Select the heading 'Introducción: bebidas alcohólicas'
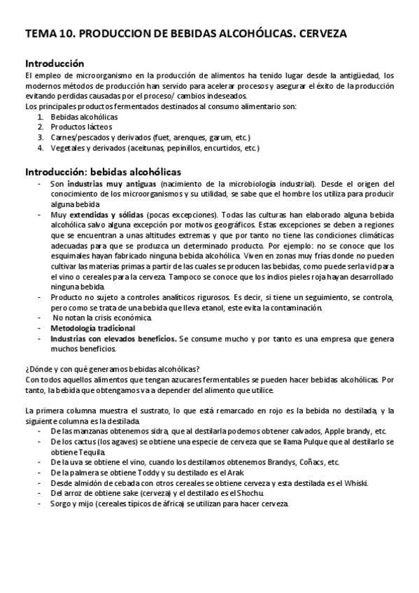click(x=103, y=171)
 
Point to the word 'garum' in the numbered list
click(x=211, y=137)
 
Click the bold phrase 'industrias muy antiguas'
click(x=107, y=183)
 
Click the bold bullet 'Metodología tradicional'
click(x=93, y=327)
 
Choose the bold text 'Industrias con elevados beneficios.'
click(x=113, y=338)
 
